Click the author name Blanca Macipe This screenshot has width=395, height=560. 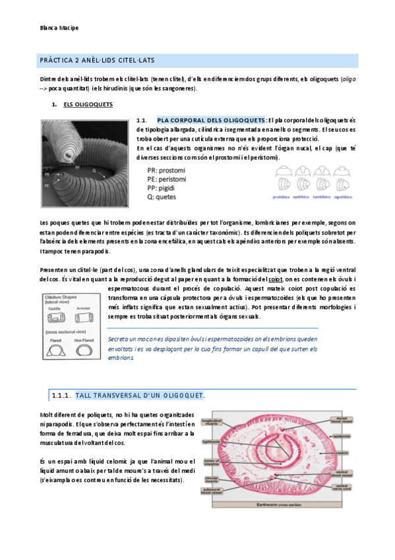coord(60,28)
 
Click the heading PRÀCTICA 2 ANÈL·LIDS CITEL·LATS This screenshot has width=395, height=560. coord(98,61)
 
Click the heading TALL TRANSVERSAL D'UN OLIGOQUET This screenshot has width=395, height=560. coord(139,395)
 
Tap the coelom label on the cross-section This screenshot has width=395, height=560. coord(362,453)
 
